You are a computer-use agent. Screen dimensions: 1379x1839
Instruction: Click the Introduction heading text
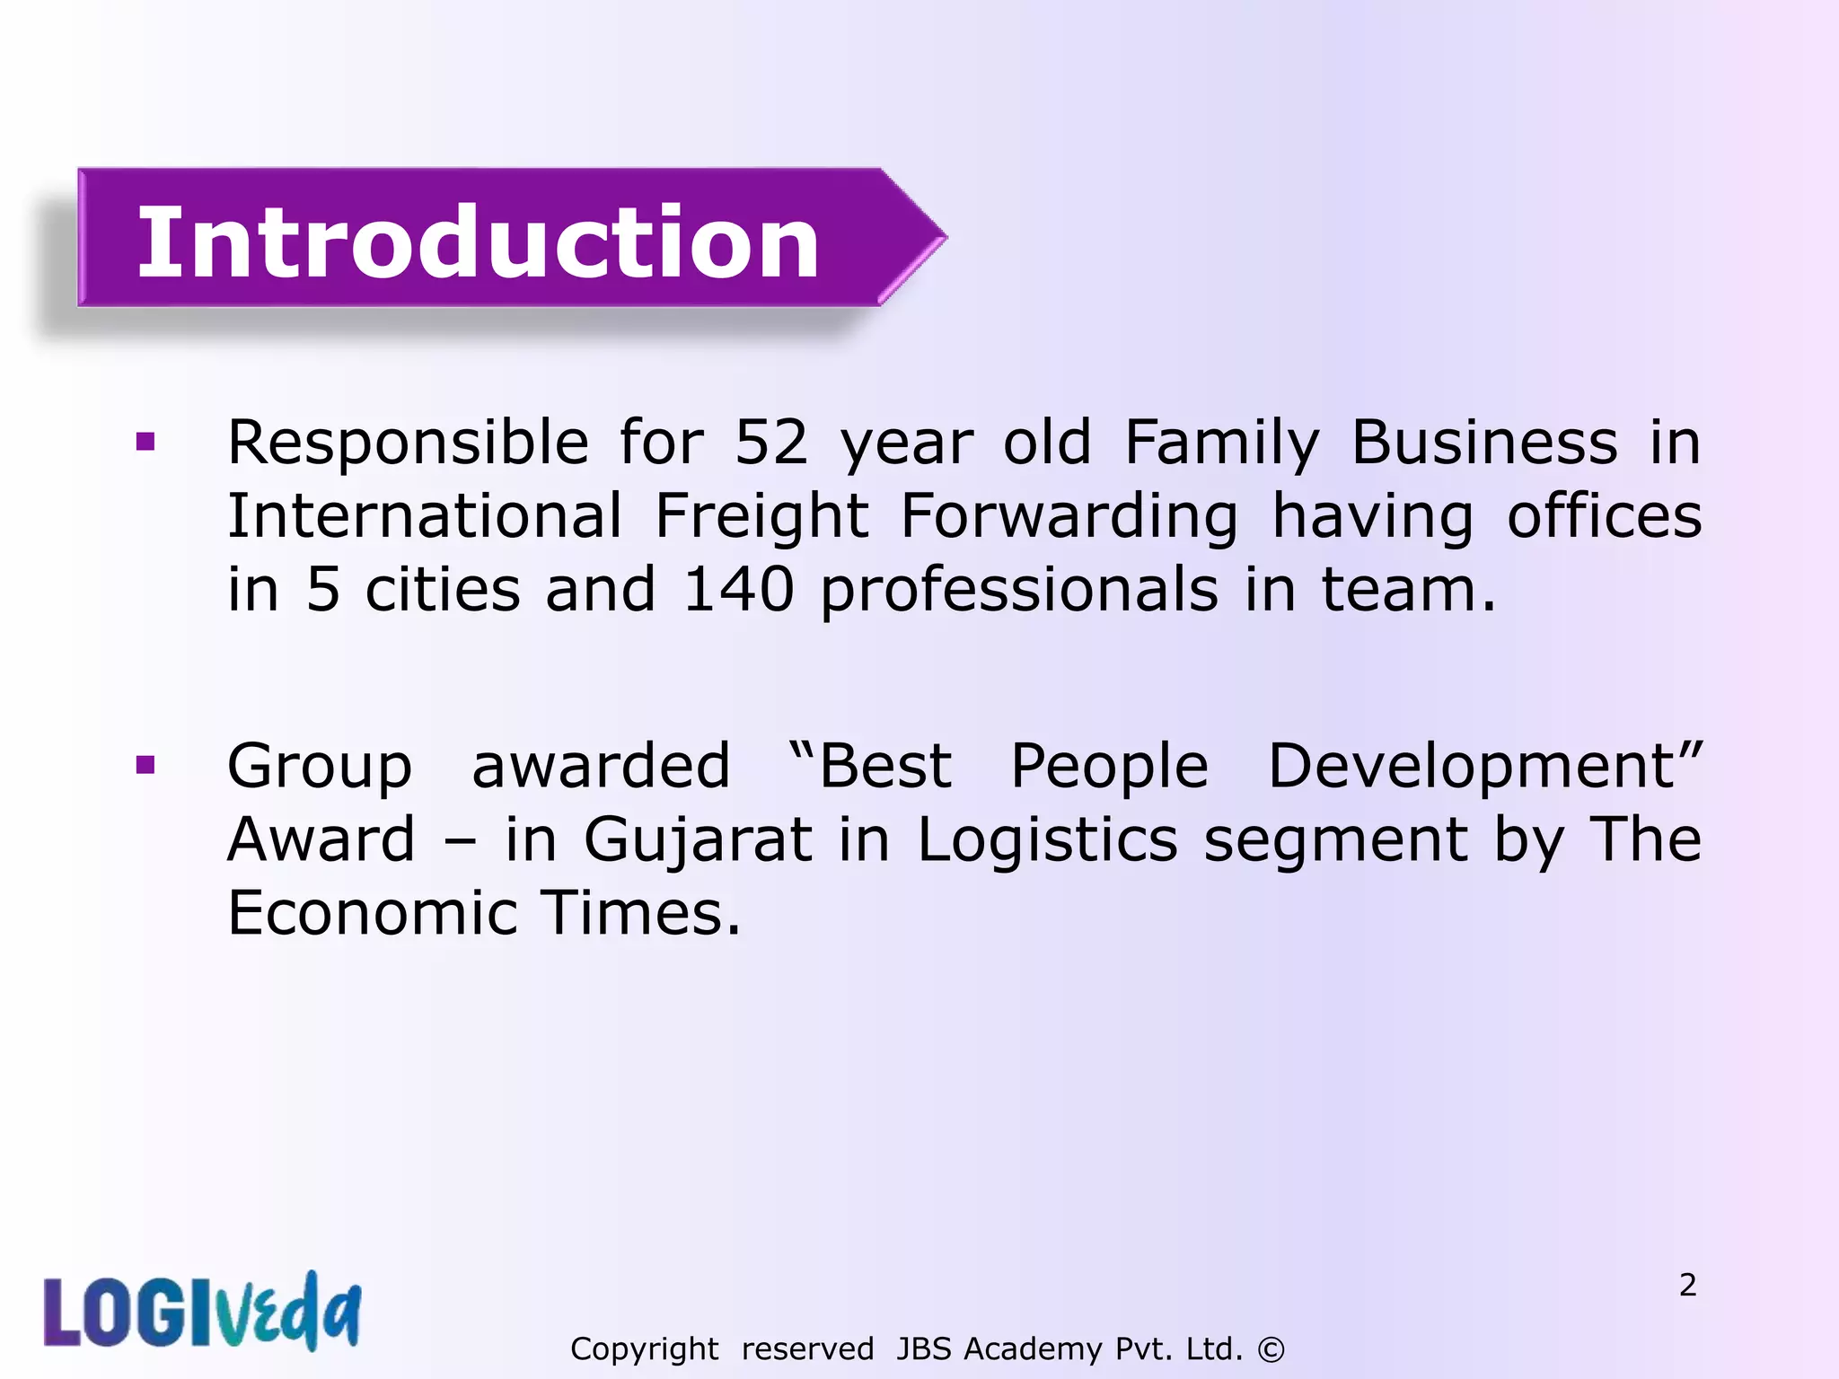478,242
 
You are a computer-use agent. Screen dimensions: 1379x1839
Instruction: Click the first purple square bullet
145,442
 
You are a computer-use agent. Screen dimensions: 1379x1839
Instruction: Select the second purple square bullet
145,765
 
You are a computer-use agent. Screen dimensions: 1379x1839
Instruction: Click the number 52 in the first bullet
771,443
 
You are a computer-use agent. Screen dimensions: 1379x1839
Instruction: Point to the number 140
738,590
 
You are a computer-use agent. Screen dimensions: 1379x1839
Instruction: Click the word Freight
761,517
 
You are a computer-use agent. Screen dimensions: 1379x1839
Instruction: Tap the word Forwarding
1069,517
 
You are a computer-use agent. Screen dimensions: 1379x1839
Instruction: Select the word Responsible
408,443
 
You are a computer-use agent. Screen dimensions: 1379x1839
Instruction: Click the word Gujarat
698,841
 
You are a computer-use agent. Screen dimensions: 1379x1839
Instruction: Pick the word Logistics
1047,841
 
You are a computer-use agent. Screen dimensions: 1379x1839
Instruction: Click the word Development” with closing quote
1483,766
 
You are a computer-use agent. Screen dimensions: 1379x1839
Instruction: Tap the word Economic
373,913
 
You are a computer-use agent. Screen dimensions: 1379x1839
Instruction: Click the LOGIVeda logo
203,1312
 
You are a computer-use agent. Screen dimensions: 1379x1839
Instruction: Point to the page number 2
1687,1285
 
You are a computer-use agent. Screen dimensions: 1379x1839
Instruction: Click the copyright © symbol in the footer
1271,1348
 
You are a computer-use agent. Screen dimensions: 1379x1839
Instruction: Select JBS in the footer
925,1348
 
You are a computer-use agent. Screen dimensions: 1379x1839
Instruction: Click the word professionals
1019,590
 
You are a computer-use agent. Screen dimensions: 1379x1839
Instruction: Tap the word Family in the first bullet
1222,443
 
